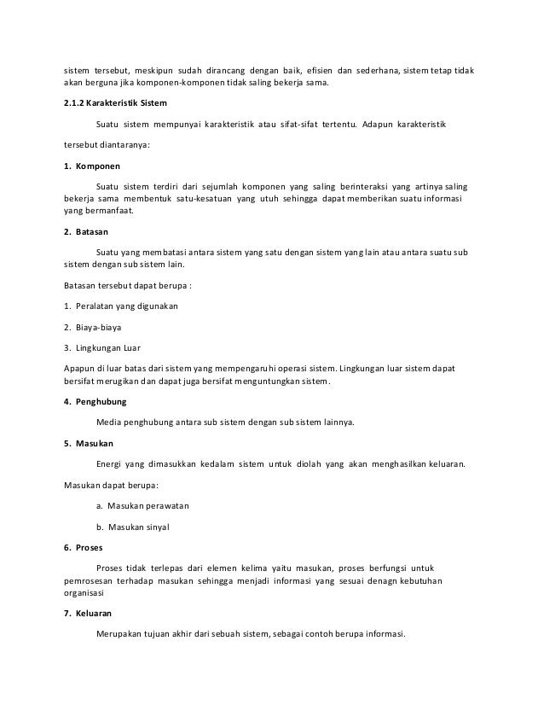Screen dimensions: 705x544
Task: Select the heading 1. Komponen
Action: (92, 166)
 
